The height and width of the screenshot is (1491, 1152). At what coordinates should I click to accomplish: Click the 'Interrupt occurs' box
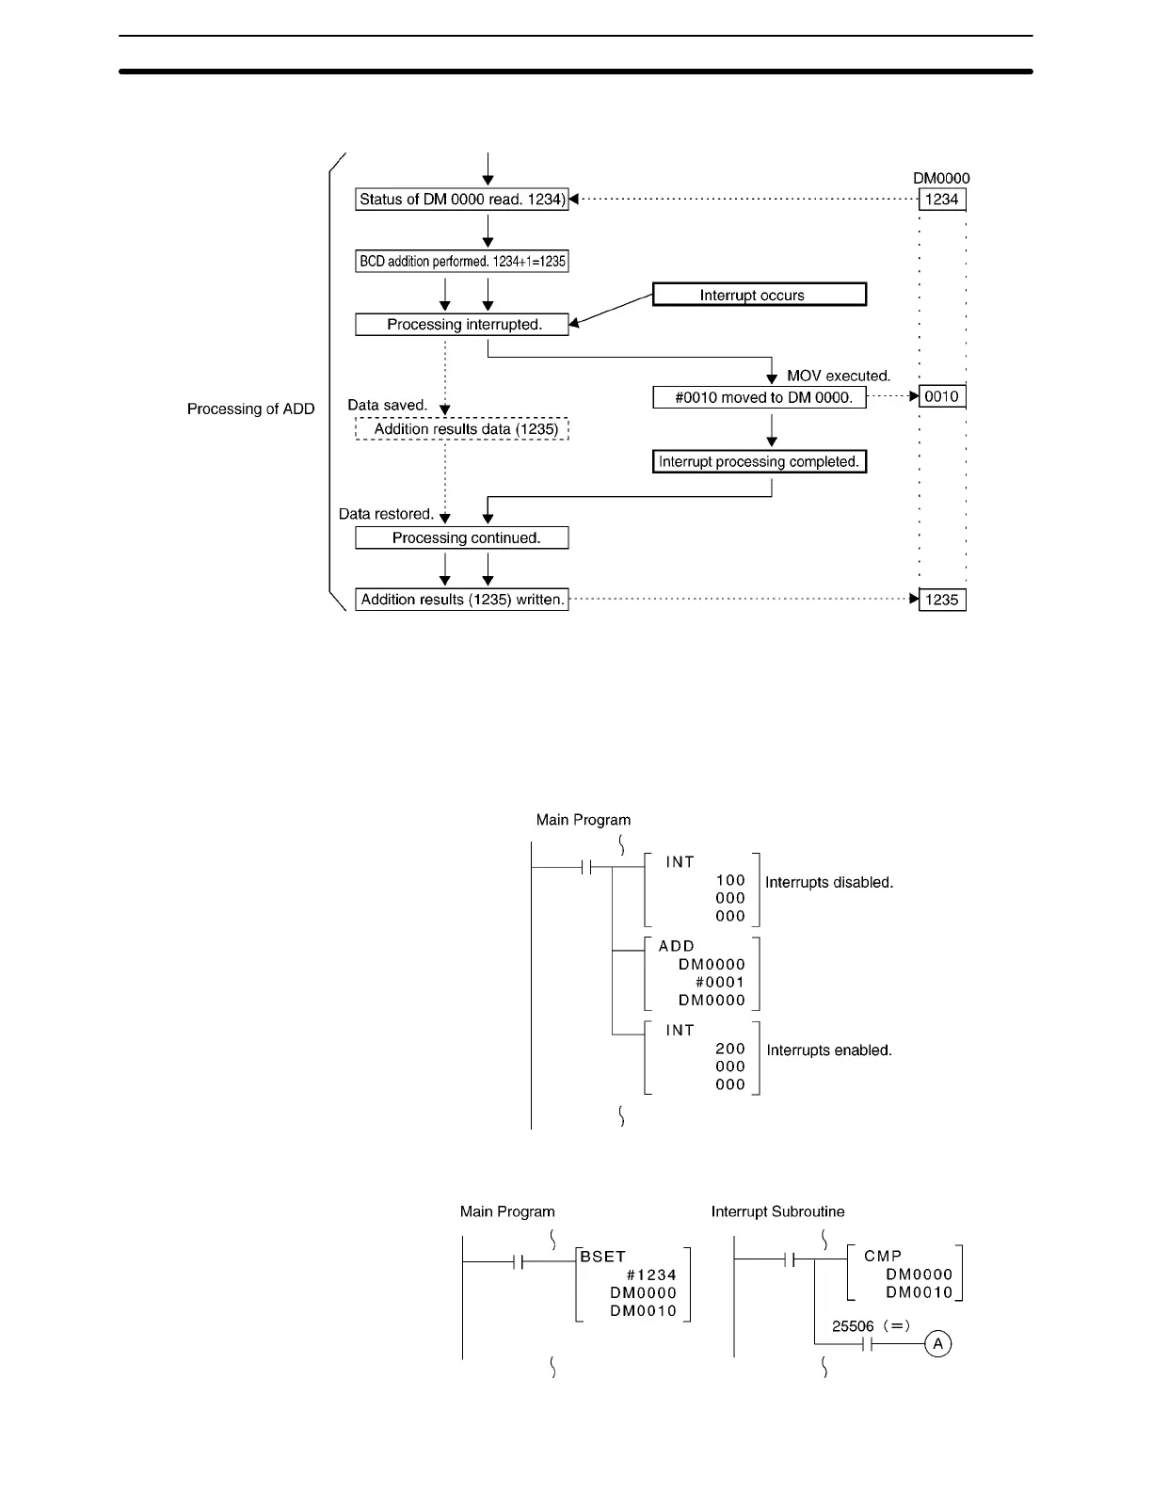click(x=759, y=295)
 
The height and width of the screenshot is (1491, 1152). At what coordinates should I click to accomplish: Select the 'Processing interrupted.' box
click(x=461, y=325)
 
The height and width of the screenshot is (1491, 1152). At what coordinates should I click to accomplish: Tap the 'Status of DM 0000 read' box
click(x=461, y=200)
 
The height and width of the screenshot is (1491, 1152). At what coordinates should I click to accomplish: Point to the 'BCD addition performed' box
click(x=461, y=262)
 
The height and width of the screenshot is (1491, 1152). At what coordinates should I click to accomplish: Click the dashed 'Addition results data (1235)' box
click(x=462, y=429)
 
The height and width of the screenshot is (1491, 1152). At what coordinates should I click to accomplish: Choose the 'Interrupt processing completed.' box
click(x=759, y=462)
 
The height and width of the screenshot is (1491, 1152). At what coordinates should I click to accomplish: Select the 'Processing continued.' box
click(x=461, y=538)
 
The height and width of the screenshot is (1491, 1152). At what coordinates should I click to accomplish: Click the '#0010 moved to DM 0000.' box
click(x=759, y=397)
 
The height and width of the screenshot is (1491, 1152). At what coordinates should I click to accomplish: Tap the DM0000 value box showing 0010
click(x=941, y=396)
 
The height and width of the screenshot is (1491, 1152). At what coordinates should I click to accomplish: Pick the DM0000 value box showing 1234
click(x=941, y=200)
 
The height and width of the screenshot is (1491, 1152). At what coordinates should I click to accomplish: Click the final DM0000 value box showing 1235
click(x=941, y=600)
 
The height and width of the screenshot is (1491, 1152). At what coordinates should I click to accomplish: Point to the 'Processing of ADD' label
click(x=250, y=409)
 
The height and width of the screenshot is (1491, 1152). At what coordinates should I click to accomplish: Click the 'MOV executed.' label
click(x=838, y=376)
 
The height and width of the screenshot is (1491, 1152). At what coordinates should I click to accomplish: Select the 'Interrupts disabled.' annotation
click(x=829, y=883)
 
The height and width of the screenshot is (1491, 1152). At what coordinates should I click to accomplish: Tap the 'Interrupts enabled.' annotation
click(x=829, y=1050)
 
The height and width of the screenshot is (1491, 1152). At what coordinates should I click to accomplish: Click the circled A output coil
click(x=937, y=1343)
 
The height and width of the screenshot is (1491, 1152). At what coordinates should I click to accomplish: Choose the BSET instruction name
click(x=603, y=1257)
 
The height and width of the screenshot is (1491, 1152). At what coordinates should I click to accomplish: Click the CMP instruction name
click(x=883, y=1256)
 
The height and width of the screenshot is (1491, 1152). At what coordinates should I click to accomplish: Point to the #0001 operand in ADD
click(x=720, y=982)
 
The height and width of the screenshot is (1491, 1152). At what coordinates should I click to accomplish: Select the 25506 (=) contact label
click(x=871, y=1326)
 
